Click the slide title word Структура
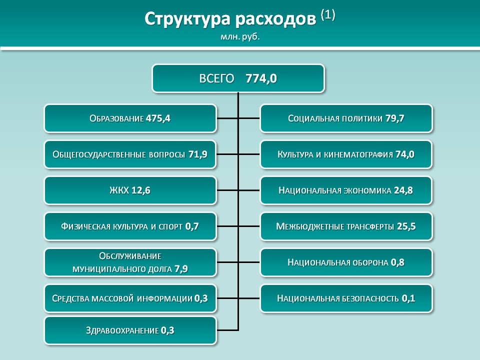187,19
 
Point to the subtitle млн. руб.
240,37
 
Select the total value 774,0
261,78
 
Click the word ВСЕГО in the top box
216,78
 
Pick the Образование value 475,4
158,118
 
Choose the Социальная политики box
346,118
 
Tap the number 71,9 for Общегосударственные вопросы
198,154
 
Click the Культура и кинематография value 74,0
404,154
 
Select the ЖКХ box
130,190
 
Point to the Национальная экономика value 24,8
403,190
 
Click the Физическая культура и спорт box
130,226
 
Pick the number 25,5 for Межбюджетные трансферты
406,226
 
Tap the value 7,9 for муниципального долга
181,269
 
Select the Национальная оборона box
346,262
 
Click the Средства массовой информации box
130,298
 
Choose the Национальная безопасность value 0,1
408,298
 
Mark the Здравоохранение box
130,330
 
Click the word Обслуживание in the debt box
130,256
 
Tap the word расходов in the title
275,19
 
